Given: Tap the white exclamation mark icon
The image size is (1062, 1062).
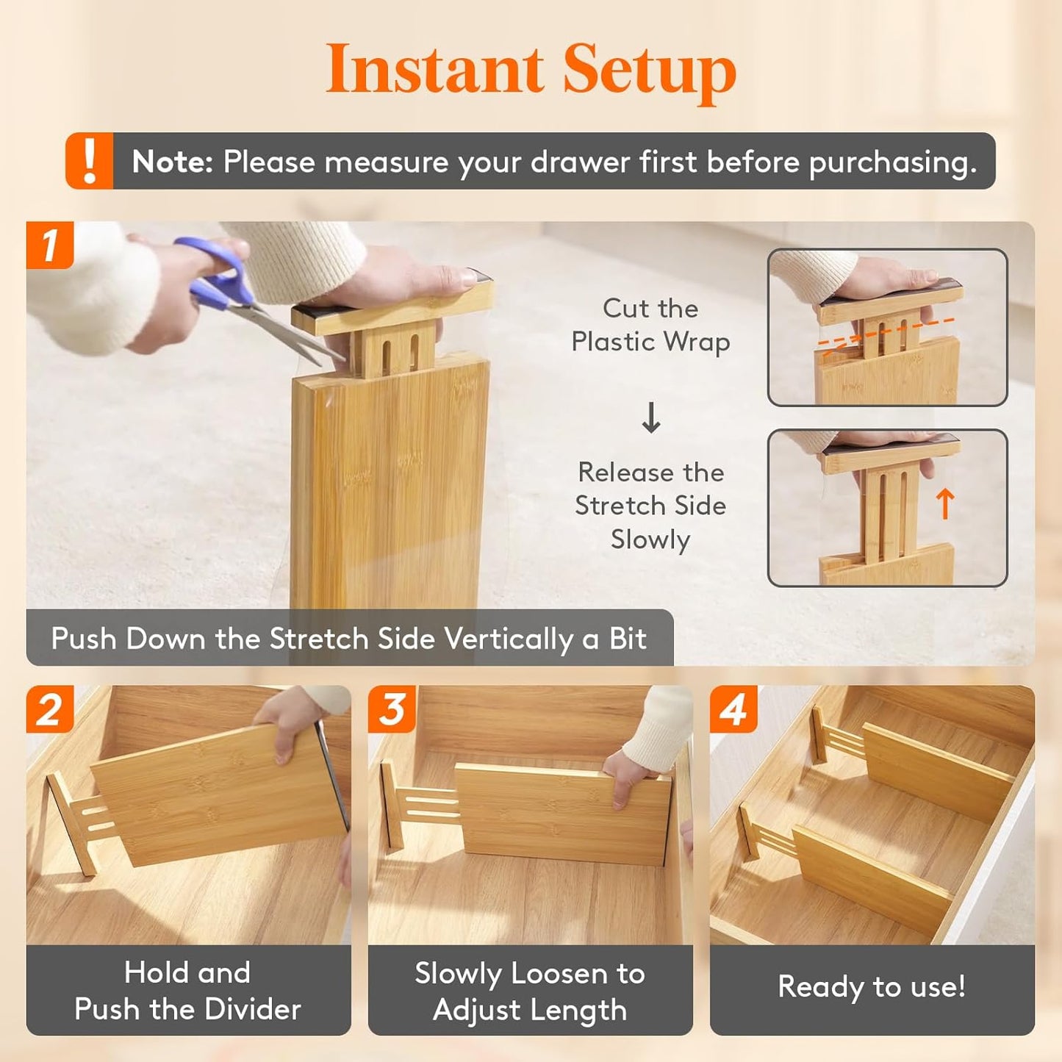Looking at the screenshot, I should coord(90,161).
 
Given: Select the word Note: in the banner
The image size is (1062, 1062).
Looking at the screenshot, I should coord(172,162).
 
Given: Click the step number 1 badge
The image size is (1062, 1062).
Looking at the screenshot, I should coord(50,245).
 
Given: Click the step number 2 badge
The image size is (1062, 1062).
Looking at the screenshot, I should coord(50,709).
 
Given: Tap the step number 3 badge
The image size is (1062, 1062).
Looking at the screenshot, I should coord(392,709).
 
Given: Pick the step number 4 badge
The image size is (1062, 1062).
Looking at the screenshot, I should coord(733,709).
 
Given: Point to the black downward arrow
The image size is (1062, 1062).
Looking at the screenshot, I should coord(651,417).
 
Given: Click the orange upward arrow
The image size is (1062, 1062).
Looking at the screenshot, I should coord(945,504).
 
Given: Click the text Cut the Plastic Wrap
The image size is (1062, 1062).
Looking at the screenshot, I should coord(650,325).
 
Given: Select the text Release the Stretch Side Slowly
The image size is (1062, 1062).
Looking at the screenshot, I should coord(650,506).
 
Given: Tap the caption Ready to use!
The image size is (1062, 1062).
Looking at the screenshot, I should coord(872,986).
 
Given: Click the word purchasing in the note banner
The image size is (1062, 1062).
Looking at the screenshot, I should coord(892,162).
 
